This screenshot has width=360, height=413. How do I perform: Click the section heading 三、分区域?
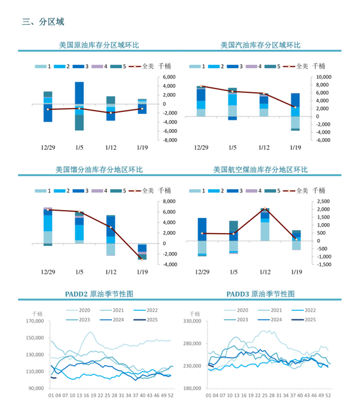(43, 21)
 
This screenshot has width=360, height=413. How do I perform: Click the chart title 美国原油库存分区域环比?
(99, 45)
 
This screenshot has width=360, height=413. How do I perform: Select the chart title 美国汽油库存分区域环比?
(260, 45)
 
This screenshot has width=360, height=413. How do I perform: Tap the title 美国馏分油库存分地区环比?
(99, 170)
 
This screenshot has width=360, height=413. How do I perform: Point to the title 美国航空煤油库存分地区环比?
(260, 170)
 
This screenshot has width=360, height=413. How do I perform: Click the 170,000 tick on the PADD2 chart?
(33, 321)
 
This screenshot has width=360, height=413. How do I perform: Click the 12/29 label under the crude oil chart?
(48, 148)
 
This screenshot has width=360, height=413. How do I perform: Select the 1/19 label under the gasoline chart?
(295, 148)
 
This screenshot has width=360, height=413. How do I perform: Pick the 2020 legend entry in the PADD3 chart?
(242, 310)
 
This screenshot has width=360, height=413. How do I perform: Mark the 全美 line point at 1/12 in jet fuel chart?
(264, 210)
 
